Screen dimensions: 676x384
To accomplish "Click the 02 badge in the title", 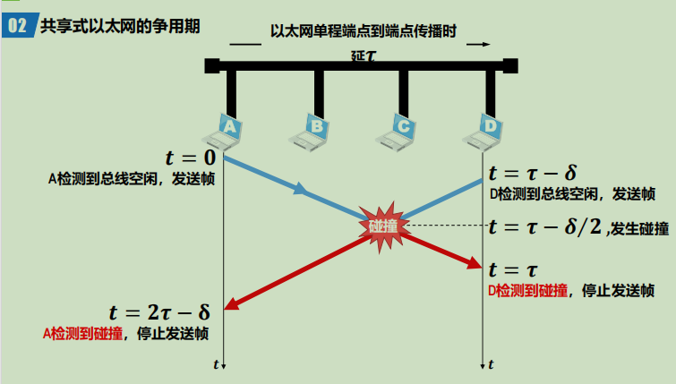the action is click(x=19, y=25).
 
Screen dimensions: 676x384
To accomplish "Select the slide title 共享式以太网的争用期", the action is click(x=118, y=25).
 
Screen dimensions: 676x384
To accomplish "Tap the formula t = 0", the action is click(x=191, y=158).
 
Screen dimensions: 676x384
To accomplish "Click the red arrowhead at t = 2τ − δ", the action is click(x=230, y=304).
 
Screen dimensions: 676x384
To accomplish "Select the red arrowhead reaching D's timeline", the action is click(x=475, y=263).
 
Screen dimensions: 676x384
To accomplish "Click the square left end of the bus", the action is click(x=211, y=64).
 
